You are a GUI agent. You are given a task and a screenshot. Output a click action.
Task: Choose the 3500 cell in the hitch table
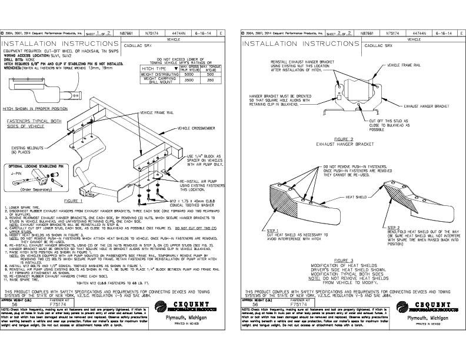[188, 83]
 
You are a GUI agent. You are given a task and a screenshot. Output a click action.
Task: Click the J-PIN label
[16, 174]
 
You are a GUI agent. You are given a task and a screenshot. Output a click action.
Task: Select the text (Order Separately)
[34, 190]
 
